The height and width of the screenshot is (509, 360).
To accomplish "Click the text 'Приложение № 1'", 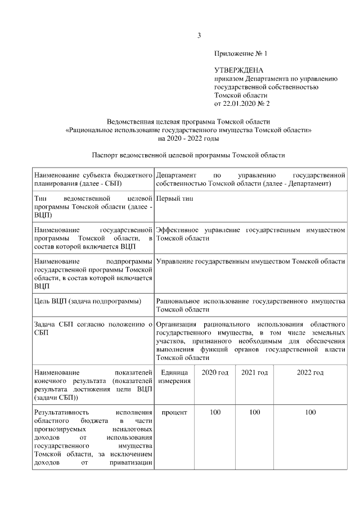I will coord(241,54).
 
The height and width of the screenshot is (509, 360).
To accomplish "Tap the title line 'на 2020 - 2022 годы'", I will coord(188,138).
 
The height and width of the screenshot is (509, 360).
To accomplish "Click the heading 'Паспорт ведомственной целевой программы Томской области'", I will coord(188,155).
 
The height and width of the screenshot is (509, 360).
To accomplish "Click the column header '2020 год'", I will coord(214,373).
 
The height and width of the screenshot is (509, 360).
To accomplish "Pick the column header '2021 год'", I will coord(254,373).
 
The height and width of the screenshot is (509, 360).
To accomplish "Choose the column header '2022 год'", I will coord(310,373).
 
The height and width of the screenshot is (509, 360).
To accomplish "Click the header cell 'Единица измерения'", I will coord(174,377).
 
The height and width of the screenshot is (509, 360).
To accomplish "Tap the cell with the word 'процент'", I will coord(174,412).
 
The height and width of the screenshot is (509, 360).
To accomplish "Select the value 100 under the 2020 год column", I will coord(214,412).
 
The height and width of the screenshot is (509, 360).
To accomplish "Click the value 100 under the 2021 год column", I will coord(254,412).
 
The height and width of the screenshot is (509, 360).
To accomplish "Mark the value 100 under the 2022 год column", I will coord(310,412).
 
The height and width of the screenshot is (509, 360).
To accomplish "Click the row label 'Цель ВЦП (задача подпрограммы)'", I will coord(87,302).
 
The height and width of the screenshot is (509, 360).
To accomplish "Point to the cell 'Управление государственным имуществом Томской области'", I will coord(251,262).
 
